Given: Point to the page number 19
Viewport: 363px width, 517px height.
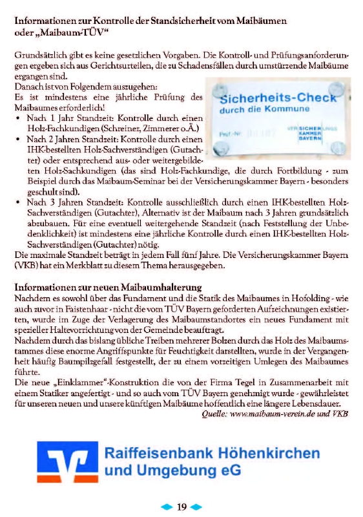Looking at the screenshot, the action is [181, 507].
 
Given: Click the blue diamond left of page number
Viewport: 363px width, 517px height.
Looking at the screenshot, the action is [167, 507].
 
